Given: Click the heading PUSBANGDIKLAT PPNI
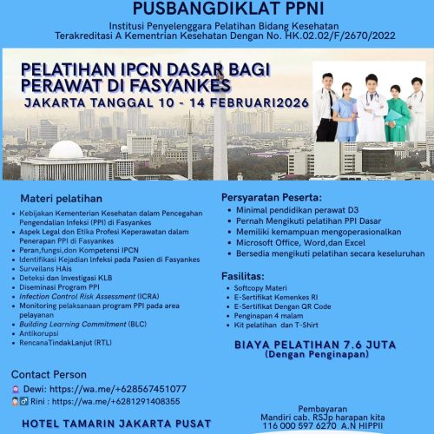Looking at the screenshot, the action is tap(216, 8).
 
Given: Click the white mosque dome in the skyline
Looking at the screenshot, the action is tap(66, 150).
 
